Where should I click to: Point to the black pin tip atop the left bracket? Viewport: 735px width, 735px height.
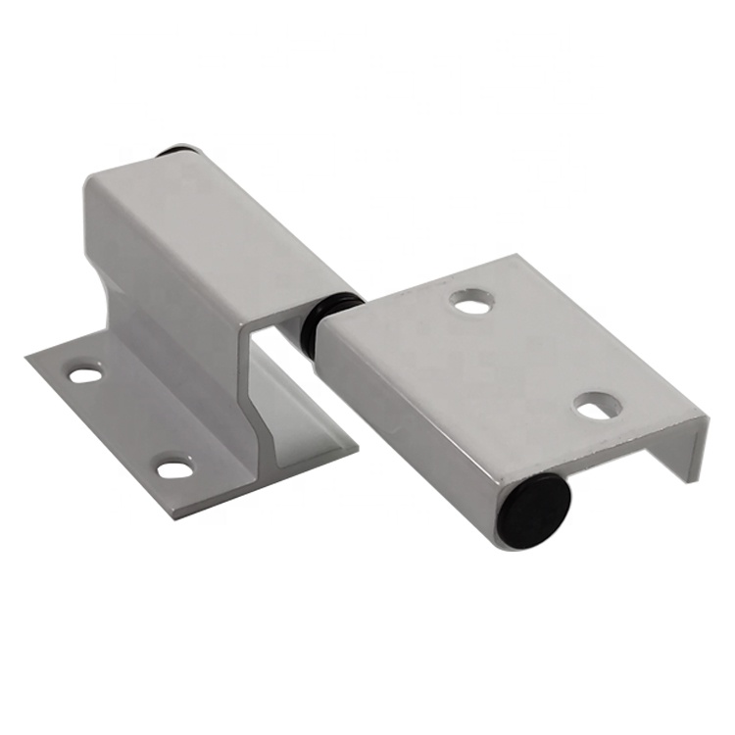point(177,153)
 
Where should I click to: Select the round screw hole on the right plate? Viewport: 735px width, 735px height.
point(472,304)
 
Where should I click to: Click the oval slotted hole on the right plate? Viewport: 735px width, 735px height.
point(596,405)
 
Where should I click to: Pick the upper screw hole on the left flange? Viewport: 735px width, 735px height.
point(85,374)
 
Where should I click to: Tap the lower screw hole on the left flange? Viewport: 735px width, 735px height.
point(174,468)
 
